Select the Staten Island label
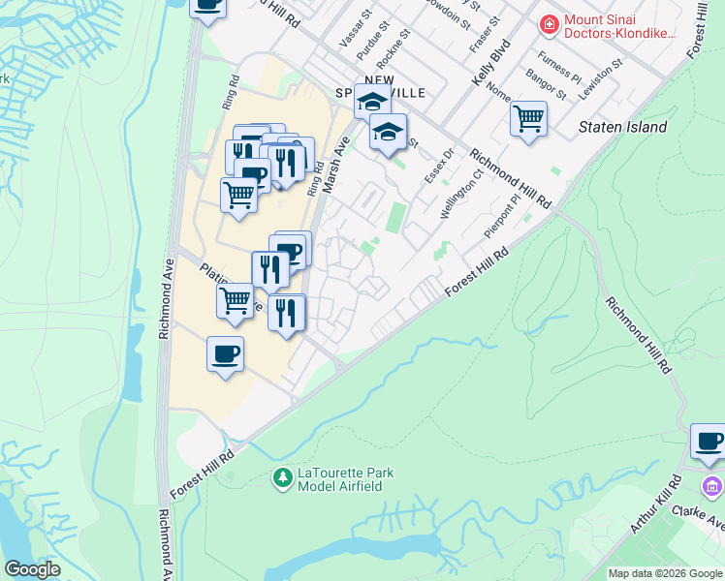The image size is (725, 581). click(x=622, y=127)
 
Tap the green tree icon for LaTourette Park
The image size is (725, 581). click(x=282, y=478)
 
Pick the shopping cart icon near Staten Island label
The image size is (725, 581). click(x=528, y=119)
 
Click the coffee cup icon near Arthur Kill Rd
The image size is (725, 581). click(x=709, y=441)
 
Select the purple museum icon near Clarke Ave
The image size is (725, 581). click(x=712, y=485)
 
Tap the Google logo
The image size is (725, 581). click(x=33, y=568)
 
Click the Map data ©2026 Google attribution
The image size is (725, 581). click(x=665, y=573)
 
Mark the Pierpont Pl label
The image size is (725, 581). click(x=502, y=219)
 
